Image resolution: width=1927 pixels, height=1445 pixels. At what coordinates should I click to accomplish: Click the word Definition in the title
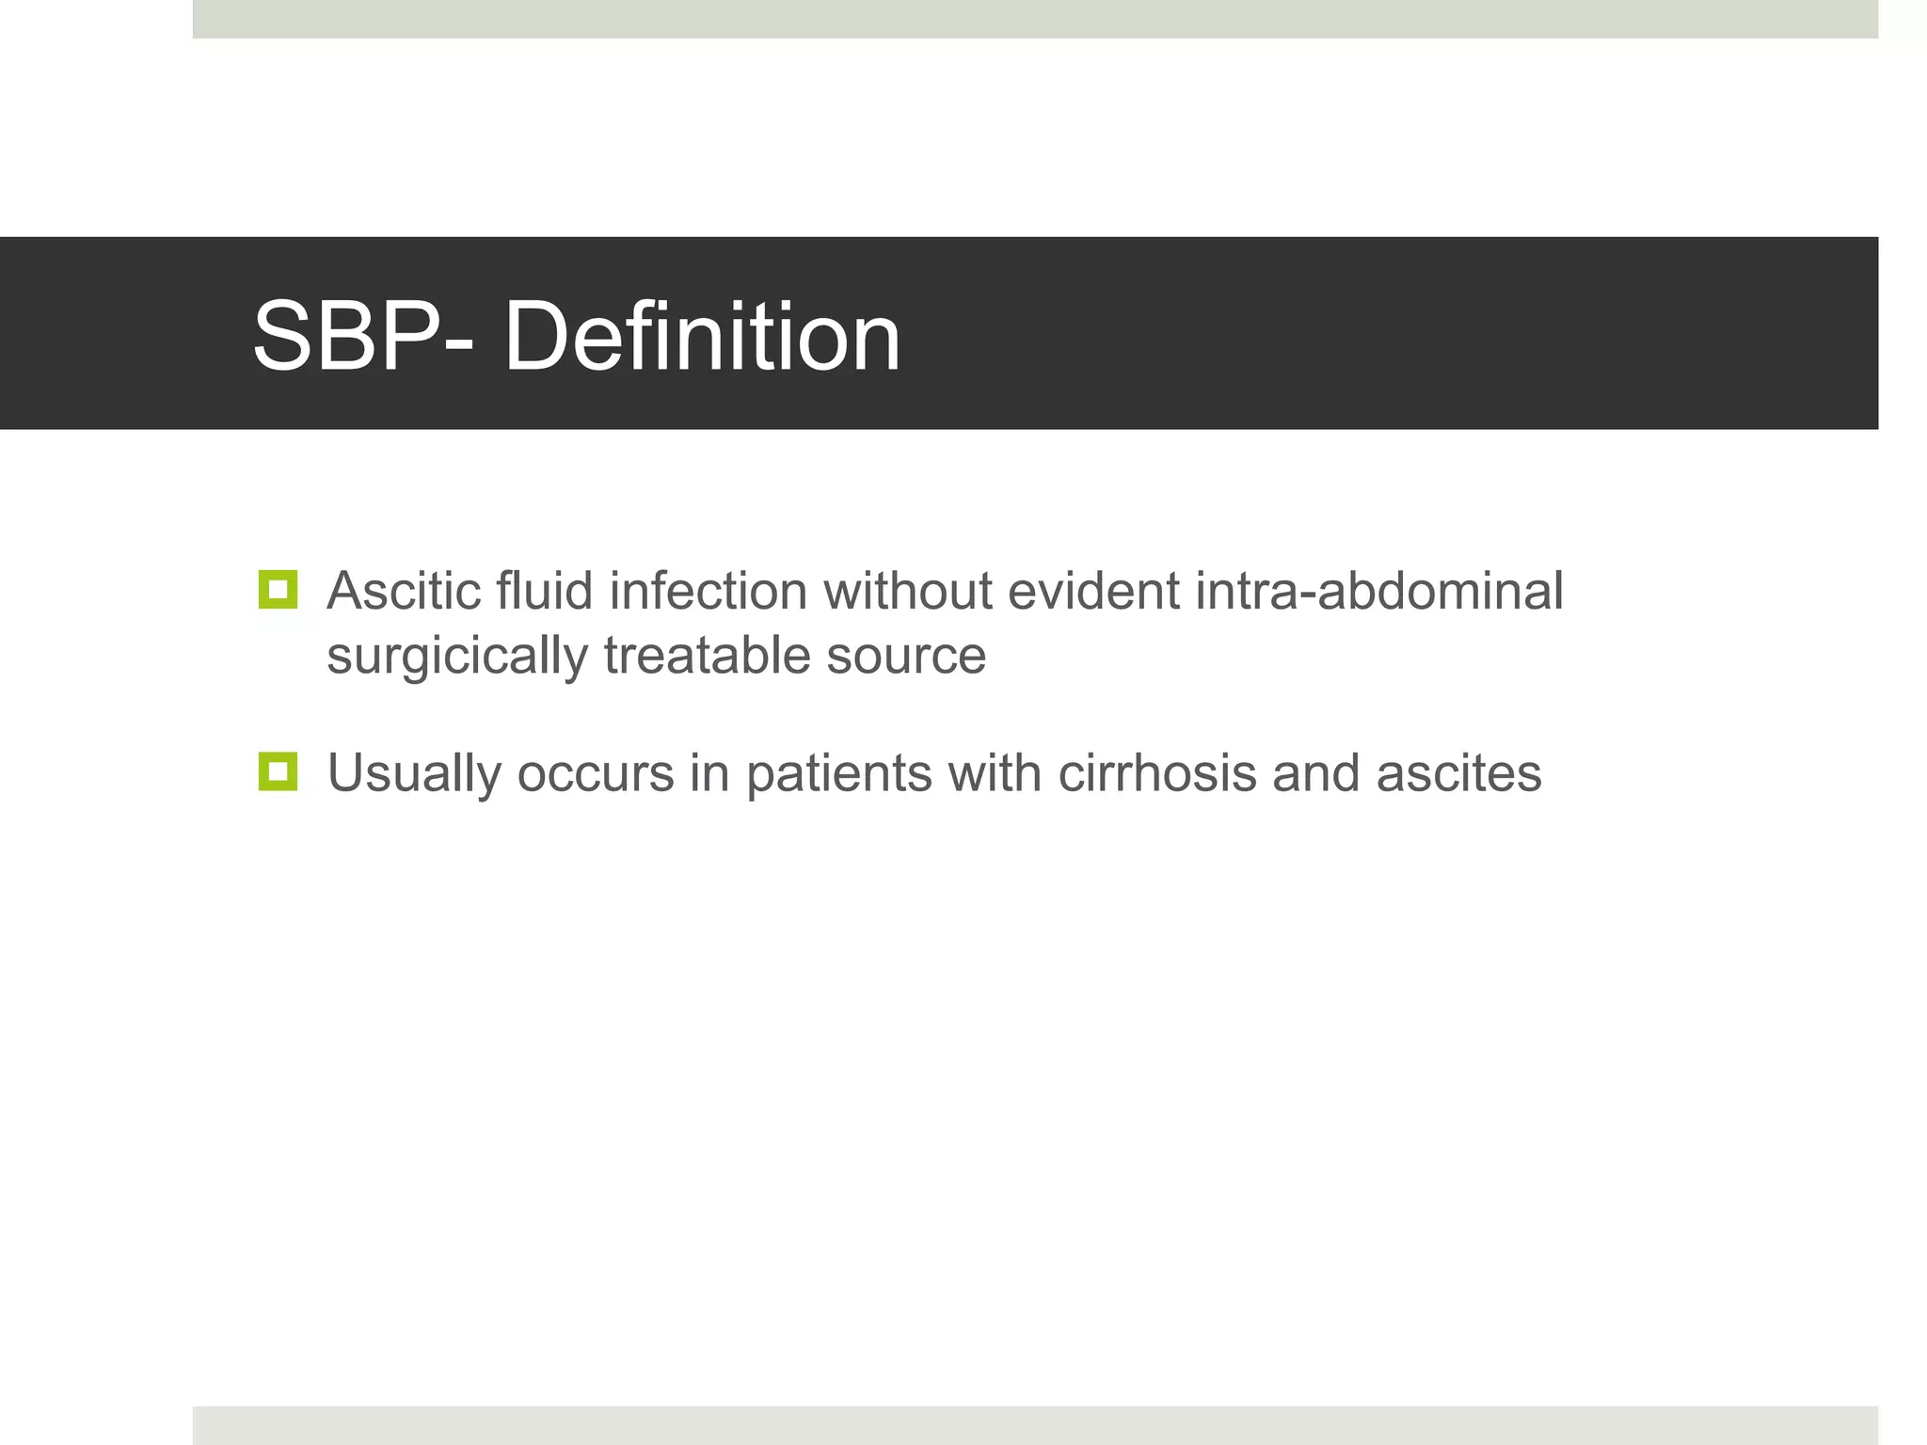702,336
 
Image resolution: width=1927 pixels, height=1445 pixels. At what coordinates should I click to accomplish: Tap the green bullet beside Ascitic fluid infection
278,590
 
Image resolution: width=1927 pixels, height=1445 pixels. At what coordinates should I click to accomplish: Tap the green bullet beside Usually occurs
278,771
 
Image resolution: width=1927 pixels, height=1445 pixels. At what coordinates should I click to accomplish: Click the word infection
708,592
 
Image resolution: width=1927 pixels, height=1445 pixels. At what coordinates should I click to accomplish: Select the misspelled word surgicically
457,657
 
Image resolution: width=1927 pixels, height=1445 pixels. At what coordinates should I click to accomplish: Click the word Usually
414,774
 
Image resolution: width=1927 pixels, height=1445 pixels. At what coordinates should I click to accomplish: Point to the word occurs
595,773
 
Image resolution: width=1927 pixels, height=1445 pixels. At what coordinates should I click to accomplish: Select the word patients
838,774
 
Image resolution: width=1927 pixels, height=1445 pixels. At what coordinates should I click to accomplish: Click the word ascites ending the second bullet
1458,773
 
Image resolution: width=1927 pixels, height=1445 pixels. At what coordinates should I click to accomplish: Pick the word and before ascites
1315,773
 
